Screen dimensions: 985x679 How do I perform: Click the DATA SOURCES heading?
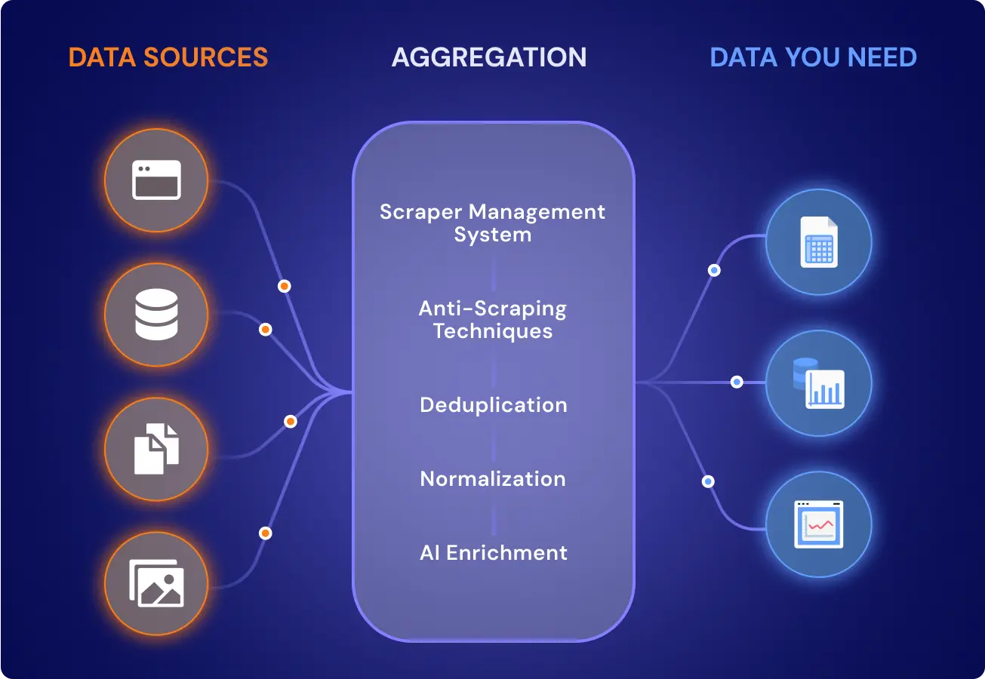point(168,57)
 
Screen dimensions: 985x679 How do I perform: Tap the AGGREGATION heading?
point(489,57)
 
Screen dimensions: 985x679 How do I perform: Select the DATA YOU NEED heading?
point(813,57)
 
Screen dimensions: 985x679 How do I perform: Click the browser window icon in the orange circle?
point(156,180)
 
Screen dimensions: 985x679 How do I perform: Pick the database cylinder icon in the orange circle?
point(156,315)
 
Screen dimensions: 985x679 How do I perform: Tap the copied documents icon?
point(156,449)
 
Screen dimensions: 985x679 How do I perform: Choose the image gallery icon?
point(156,583)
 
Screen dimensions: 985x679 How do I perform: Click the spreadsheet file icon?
point(819,242)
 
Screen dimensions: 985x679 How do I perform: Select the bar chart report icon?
point(819,384)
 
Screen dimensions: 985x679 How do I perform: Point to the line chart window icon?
point(819,524)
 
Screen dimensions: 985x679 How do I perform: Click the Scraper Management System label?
point(492,223)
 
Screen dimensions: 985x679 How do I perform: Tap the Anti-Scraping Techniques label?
point(492,319)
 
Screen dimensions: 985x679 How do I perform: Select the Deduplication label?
point(494,405)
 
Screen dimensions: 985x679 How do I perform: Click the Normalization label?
point(493,478)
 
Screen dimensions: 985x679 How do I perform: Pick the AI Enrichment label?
point(494,552)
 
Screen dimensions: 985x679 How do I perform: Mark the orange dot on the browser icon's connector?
point(285,287)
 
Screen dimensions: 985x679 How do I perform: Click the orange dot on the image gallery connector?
point(265,533)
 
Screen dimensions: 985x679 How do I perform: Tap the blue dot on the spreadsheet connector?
point(714,270)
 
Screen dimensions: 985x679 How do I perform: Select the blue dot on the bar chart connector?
point(737,382)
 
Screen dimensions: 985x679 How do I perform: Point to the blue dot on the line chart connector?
point(708,481)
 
